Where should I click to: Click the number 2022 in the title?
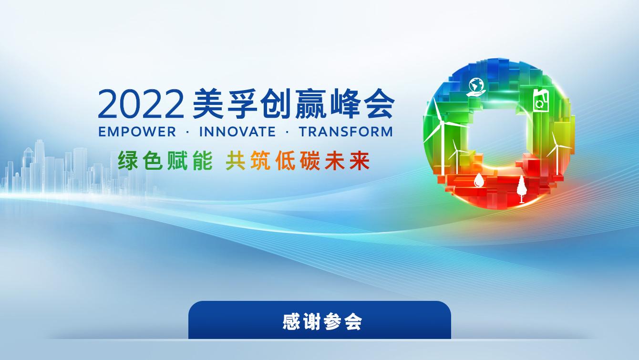[141, 104]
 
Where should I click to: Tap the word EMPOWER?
[137, 132]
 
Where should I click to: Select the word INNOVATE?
[237, 132]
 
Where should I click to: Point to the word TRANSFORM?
[346, 132]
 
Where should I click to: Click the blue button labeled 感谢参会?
[319, 320]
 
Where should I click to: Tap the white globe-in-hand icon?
[476, 87]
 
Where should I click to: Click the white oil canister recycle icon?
[541, 101]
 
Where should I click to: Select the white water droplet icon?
[479, 180]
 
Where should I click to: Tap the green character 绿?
[128, 161]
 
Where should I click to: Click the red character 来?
[360, 161]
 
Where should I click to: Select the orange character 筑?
[260, 161]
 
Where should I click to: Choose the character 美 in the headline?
[208, 104]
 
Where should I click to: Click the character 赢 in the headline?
[310, 104]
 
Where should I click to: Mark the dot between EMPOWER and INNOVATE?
[187, 132]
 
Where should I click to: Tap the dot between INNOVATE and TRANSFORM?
[287, 132]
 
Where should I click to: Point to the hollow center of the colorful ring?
[496, 134]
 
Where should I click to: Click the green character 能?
[202, 161]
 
